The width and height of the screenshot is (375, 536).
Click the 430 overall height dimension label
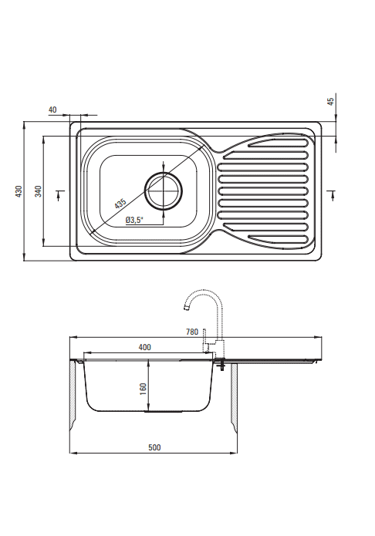[x=19, y=191]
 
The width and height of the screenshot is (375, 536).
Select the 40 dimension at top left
[x=52, y=110]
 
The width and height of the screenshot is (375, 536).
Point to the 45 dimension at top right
[x=331, y=101]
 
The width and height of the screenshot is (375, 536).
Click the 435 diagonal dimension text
[x=120, y=204]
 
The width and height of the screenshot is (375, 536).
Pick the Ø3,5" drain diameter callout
[x=133, y=220]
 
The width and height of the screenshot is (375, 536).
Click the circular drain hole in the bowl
[x=164, y=190]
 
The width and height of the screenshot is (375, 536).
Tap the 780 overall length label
[x=192, y=332]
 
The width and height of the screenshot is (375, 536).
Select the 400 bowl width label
[x=145, y=347]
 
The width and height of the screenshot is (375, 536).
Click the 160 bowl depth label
[x=143, y=389]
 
